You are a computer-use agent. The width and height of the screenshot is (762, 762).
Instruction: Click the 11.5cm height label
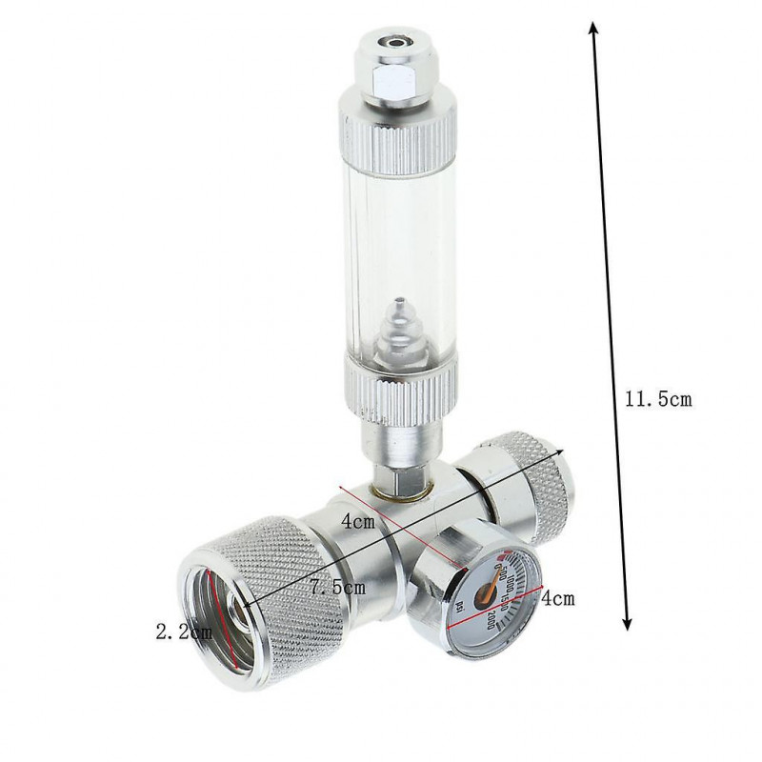click(x=658, y=400)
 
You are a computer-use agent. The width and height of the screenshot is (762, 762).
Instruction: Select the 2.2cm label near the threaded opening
click(x=183, y=631)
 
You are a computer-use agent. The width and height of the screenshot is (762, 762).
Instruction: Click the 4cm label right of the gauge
click(x=557, y=600)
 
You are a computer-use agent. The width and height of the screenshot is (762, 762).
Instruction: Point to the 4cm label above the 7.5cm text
click(x=357, y=522)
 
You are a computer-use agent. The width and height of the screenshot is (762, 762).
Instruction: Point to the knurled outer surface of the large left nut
click(x=286, y=571)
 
